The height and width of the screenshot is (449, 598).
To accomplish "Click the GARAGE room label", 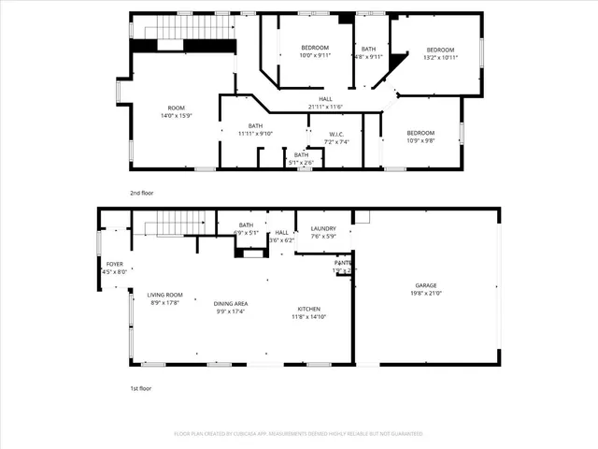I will point(426,285).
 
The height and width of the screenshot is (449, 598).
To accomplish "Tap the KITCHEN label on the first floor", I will point(309,309).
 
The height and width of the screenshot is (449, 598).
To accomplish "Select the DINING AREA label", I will point(231,303).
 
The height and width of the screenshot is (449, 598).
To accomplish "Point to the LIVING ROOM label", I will point(164,295).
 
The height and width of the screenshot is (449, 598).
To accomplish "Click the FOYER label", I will point(114,264).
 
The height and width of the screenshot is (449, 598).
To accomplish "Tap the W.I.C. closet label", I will point(335,134).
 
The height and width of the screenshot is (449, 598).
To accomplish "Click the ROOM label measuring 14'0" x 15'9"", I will point(177,108).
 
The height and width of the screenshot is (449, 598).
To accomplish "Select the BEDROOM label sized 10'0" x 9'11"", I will point(315,48).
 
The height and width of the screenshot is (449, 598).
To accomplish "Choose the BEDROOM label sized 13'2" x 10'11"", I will point(440,50).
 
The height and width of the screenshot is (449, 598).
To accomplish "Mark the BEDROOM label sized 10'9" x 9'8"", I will point(420,133).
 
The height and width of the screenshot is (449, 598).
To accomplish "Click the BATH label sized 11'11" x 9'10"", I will point(255,125).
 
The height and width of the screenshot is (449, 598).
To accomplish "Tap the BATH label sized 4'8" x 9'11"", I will point(368,49).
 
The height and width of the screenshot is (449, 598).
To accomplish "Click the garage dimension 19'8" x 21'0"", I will point(426,294).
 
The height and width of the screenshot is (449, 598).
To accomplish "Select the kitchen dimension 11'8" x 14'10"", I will point(309,317).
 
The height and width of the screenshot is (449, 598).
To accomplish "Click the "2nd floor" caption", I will point(142,193).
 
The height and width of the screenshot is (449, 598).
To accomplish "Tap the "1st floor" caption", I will point(141,387).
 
